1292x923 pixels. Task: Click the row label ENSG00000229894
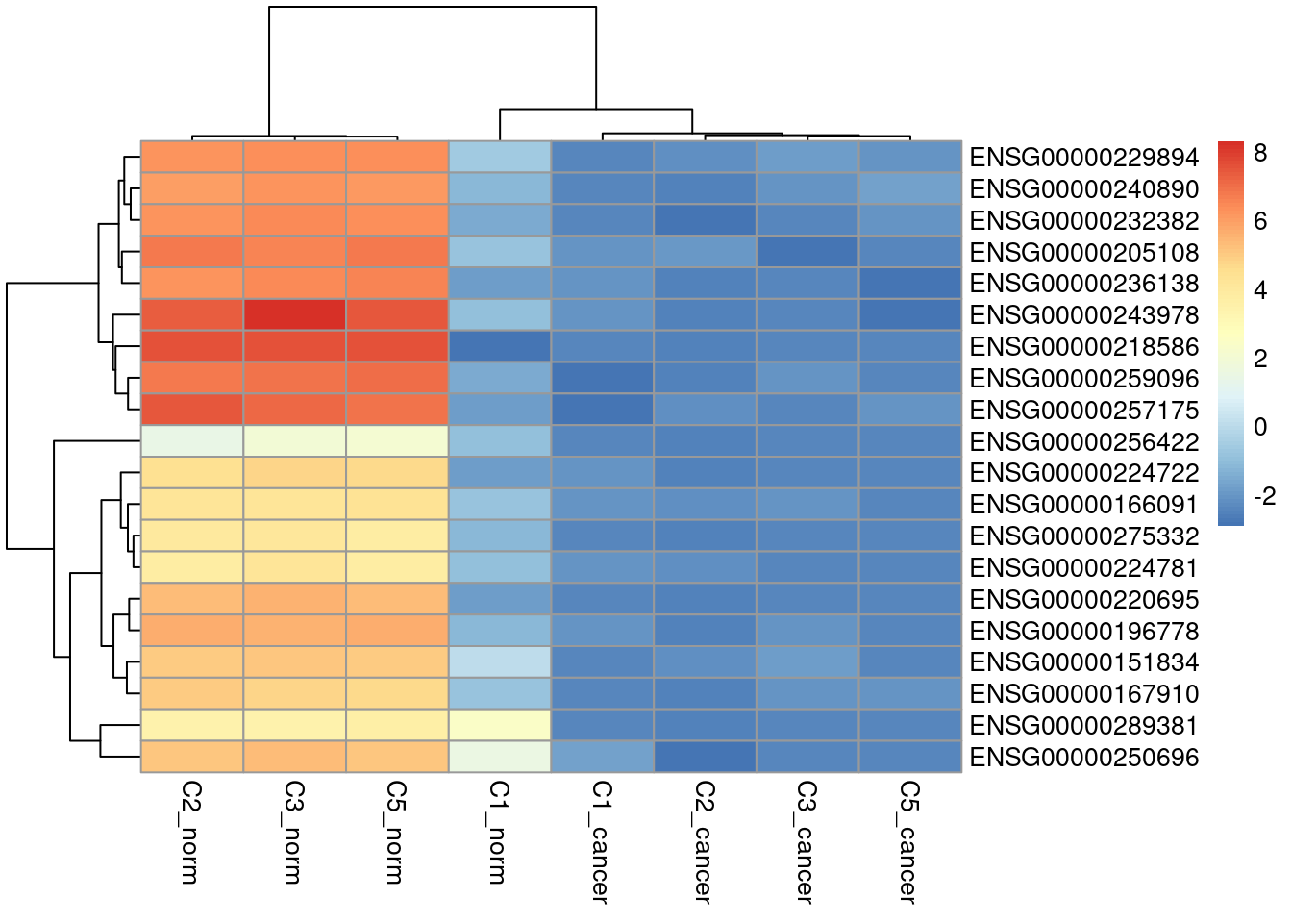pyautogui.click(x=1083, y=158)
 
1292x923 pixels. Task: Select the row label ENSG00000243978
pyautogui.click(x=1083, y=315)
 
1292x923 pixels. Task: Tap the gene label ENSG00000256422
pyautogui.click(x=1083, y=442)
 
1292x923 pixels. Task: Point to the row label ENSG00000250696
pyautogui.click(x=1083, y=758)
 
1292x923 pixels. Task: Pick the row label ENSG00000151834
pyautogui.click(x=1083, y=662)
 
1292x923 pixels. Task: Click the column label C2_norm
pyautogui.click(x=191, y=833)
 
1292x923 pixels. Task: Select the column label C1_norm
pyautogui.click(x=499, y=833)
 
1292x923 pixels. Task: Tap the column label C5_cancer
pyautogui.click(x=908, y=842)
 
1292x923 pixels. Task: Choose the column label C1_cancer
pyautogui.click(x=602, y=842)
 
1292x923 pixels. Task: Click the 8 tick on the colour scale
pyautogui.click(x=1260, y=153)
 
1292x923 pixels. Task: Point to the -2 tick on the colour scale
pyautogui.click(x=1264, y=497)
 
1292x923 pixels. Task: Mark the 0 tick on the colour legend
pyautogui.click(x=1260, y=427)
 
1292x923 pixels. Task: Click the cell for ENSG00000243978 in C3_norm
pyautogui.click(x=294, y=314)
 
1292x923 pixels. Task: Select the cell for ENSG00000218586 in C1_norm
pyautogui.click(x=500, y=346)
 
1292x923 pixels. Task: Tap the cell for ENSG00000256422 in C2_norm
pyautogui.click(x=192, y=441)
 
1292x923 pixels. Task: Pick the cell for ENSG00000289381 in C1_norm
pyautogui.click(x=500, y=725)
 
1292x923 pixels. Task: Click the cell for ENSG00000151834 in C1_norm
pyautogui.click(x=500, y=661)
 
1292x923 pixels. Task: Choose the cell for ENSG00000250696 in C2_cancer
pyautogui.click(x=705, y=757)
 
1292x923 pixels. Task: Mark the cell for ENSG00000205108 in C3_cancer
pyautogui.click(x=807, y=252)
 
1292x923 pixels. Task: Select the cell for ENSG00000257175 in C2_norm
pyautogui.click(x=192, y=410)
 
